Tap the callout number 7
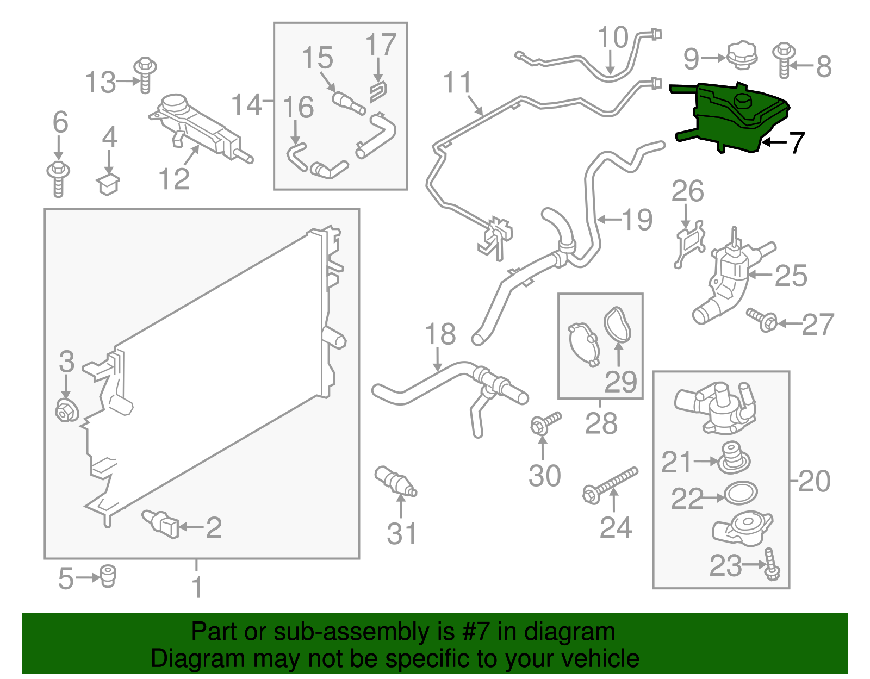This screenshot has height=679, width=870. click(796, 143)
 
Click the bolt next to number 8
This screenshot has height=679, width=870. click(784, 60)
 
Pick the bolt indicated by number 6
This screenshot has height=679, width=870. click(59, 179)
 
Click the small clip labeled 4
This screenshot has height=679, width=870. click(108, 184)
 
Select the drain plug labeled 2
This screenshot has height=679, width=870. click(160, 524)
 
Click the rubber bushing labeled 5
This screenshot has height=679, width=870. click(107, 576)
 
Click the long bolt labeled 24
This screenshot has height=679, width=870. click(610, 485)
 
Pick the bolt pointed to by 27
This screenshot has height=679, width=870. click(762, 320)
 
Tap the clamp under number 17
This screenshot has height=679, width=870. click(378, 92)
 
